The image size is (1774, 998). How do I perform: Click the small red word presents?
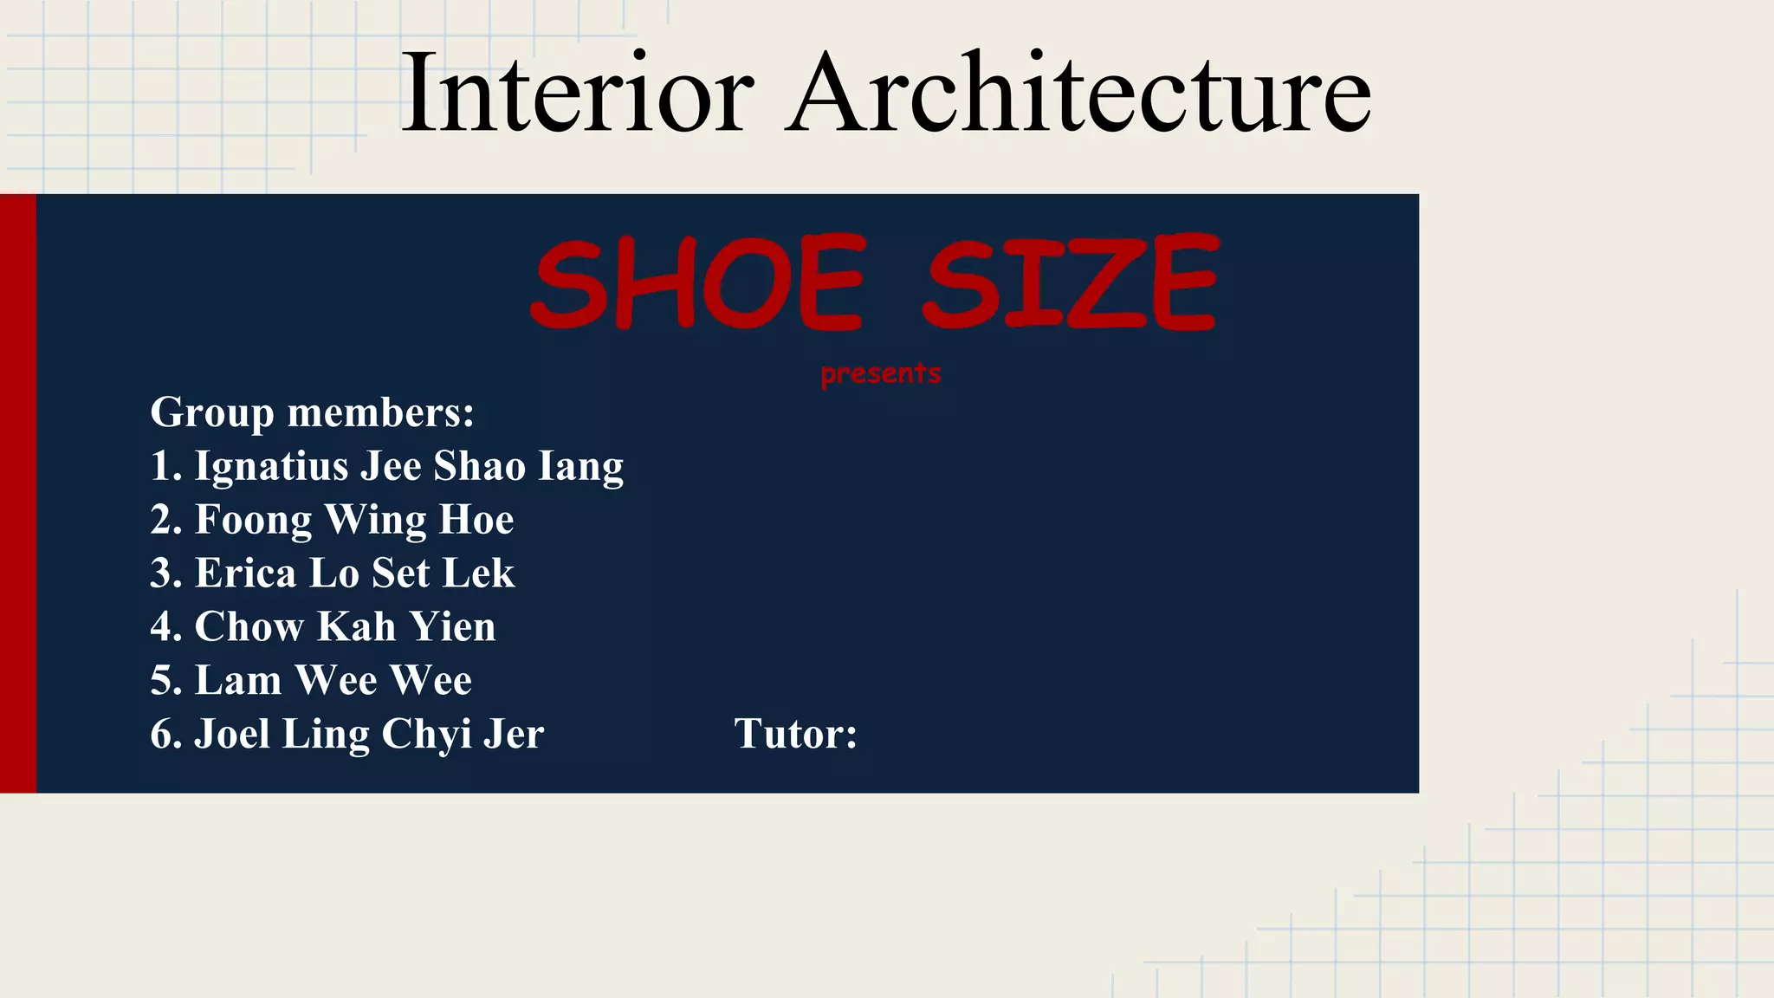tap(880, 373)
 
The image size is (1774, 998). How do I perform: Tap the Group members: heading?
tap(312, 412)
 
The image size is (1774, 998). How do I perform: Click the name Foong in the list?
tap(253, 520)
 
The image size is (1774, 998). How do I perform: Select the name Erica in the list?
tap(245, 574)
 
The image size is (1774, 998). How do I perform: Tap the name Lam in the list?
tap(238, 681)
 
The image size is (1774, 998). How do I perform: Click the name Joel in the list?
tap(232, 734)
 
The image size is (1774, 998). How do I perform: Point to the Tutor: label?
tap(795, 734)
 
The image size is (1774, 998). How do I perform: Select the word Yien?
tap(452, 627)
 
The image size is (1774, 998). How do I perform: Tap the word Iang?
tap(580, 466)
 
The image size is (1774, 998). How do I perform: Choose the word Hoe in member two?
tap(476, 520)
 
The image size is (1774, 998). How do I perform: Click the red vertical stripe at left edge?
tap(18, 493)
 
